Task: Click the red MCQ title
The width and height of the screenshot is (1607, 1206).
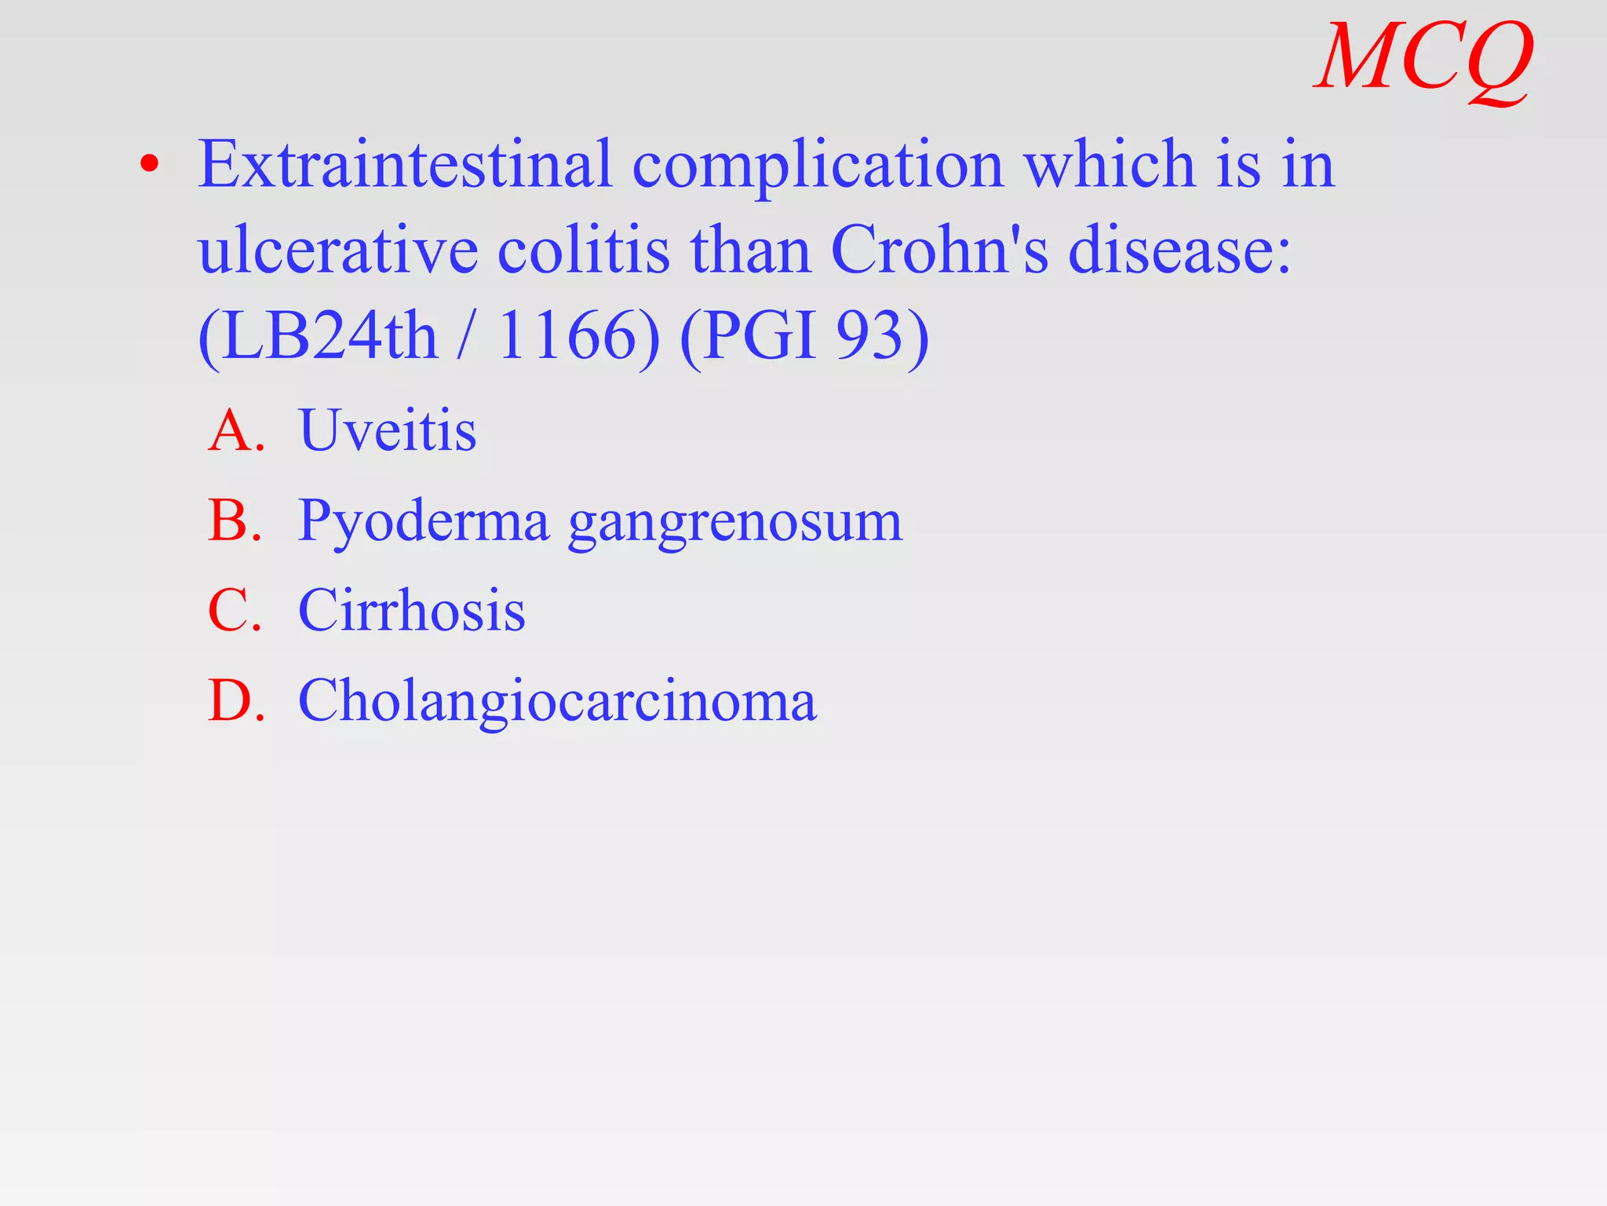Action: tap(1423, 59)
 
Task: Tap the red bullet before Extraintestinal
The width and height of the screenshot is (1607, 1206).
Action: tap(149, 165)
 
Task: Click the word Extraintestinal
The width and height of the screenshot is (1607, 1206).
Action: tap(404, 165)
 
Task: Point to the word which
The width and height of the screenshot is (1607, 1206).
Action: tap(1110, 165)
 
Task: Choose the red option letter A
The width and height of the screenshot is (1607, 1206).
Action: tap(233, 431)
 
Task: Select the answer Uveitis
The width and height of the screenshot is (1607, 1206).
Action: tap(388, 431)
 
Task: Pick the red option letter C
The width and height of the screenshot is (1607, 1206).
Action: tap(233, 611)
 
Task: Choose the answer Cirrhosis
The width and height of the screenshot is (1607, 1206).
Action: tap(412, 611)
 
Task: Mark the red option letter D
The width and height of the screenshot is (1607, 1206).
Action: tap(233, 700)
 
